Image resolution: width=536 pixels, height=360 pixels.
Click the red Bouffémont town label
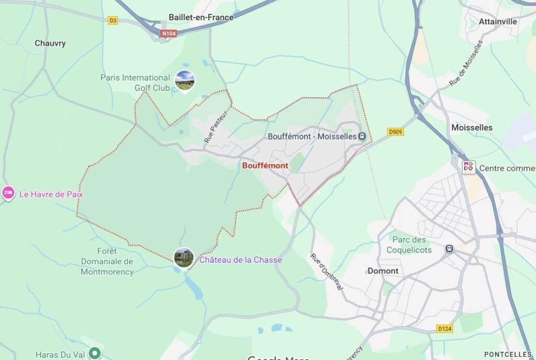265,165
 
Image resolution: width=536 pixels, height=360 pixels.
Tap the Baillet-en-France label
201,17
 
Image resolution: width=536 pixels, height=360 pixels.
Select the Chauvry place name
50,43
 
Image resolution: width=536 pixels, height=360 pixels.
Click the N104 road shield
169,33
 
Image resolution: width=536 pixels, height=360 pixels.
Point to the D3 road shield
113,20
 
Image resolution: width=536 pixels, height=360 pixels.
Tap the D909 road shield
396,132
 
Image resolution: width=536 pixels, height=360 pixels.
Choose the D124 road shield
444,329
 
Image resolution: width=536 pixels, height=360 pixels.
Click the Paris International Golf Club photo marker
184,80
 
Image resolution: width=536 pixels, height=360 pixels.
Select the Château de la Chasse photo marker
184,257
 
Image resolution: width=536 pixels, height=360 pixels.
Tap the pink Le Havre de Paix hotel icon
8,194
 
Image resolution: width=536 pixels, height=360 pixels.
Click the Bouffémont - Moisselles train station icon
362,137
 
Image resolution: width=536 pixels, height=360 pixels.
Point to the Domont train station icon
449,248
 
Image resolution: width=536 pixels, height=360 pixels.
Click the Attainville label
498,21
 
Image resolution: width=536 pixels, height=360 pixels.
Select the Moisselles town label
472,128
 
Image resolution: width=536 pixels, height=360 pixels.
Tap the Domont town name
383,271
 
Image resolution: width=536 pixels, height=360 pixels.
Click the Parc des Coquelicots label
409,245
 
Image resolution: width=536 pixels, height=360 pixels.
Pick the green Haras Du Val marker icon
94,354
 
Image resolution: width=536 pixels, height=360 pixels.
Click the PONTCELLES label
508,354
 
